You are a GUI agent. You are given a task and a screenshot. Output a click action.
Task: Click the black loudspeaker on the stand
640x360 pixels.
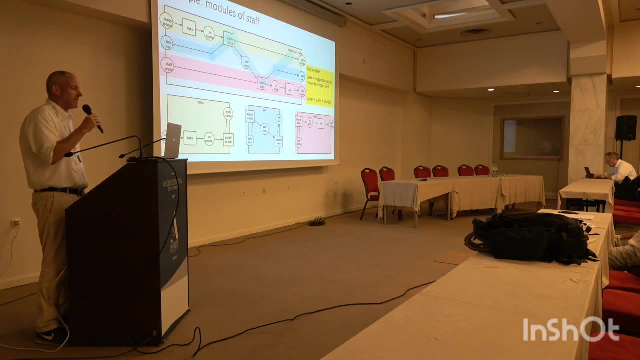[625, 128]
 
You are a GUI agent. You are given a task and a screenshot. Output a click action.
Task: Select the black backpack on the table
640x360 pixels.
[530, 238]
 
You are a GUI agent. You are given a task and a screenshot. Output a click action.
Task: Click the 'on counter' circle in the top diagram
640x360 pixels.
[209, 33]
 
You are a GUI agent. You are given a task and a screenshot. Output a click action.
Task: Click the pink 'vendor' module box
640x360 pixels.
[314, 133]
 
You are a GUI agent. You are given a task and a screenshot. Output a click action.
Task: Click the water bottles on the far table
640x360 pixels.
[494, 170]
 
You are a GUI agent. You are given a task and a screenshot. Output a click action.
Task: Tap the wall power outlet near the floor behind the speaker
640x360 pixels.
[16, 223]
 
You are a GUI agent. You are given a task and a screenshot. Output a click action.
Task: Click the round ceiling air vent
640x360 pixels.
[475, 32]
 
